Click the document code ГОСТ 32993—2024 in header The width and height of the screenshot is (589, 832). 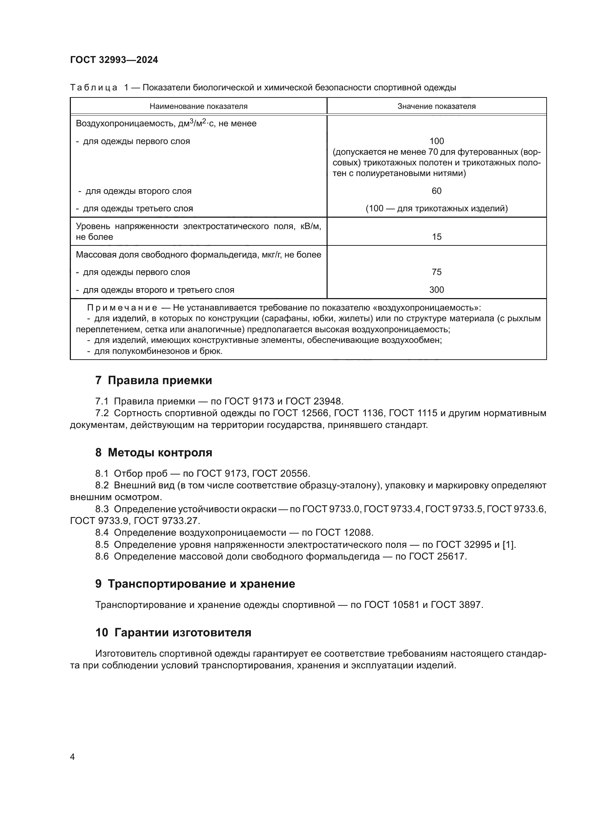114,60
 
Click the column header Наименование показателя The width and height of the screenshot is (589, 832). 198,106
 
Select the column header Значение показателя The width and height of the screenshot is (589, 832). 436,106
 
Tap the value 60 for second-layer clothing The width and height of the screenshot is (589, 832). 436,191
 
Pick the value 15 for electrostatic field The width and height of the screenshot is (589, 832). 437,237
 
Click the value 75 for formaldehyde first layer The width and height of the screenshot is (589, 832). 437,272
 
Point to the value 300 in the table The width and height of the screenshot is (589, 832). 436,290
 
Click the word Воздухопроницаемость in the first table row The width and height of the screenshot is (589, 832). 126,123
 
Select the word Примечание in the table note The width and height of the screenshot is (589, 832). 122,308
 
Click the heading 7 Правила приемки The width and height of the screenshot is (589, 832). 153,380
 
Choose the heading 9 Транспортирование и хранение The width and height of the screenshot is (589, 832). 195,584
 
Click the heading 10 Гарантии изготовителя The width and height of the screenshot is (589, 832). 173,632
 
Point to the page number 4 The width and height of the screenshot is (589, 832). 72,757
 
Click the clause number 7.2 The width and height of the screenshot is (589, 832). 102,413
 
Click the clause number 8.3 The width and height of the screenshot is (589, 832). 102,509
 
